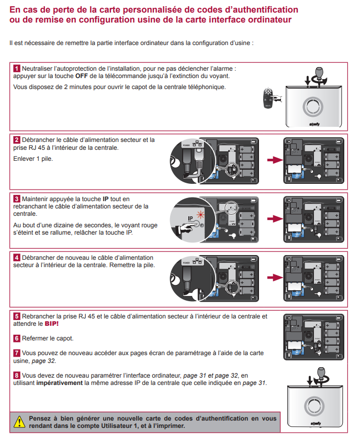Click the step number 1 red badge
tap(17, 69)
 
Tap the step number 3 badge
tap(17, 199)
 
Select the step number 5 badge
tap(17, 316)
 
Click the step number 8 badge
tap(17, 376)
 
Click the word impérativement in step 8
tap(59, 383)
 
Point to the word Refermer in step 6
tap(35, 338)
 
